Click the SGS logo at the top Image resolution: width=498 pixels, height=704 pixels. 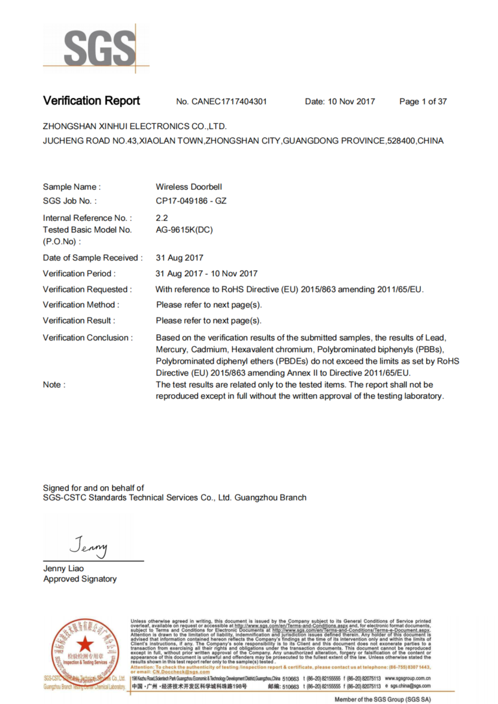tap(96, 48)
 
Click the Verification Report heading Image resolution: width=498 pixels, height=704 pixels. tap(91, 101)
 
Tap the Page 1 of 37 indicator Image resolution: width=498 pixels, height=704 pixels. tap(423, 102)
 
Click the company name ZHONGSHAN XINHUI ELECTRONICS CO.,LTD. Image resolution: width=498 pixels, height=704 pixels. tap(135, 126)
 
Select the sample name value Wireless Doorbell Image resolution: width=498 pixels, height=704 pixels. tap(189, 187)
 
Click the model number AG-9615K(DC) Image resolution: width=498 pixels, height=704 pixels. tap(184, 229)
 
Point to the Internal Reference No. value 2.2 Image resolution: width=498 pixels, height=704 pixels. tap(162, 218)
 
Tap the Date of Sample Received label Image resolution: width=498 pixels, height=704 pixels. tap(93, 258)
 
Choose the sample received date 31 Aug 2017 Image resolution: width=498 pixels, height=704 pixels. tap(180, 258)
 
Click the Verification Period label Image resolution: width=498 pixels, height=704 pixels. tap(79, 274)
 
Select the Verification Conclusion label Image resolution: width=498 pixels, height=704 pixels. tap(88, 338)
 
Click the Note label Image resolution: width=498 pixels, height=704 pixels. tap(54, 385)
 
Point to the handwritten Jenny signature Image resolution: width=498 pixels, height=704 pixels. tap(89, 546)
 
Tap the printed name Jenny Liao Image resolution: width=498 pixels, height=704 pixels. tap(64, 569)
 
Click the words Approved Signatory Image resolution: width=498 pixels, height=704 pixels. tap(80, 579)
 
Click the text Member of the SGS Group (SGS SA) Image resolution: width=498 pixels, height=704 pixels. tap(382, 699)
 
